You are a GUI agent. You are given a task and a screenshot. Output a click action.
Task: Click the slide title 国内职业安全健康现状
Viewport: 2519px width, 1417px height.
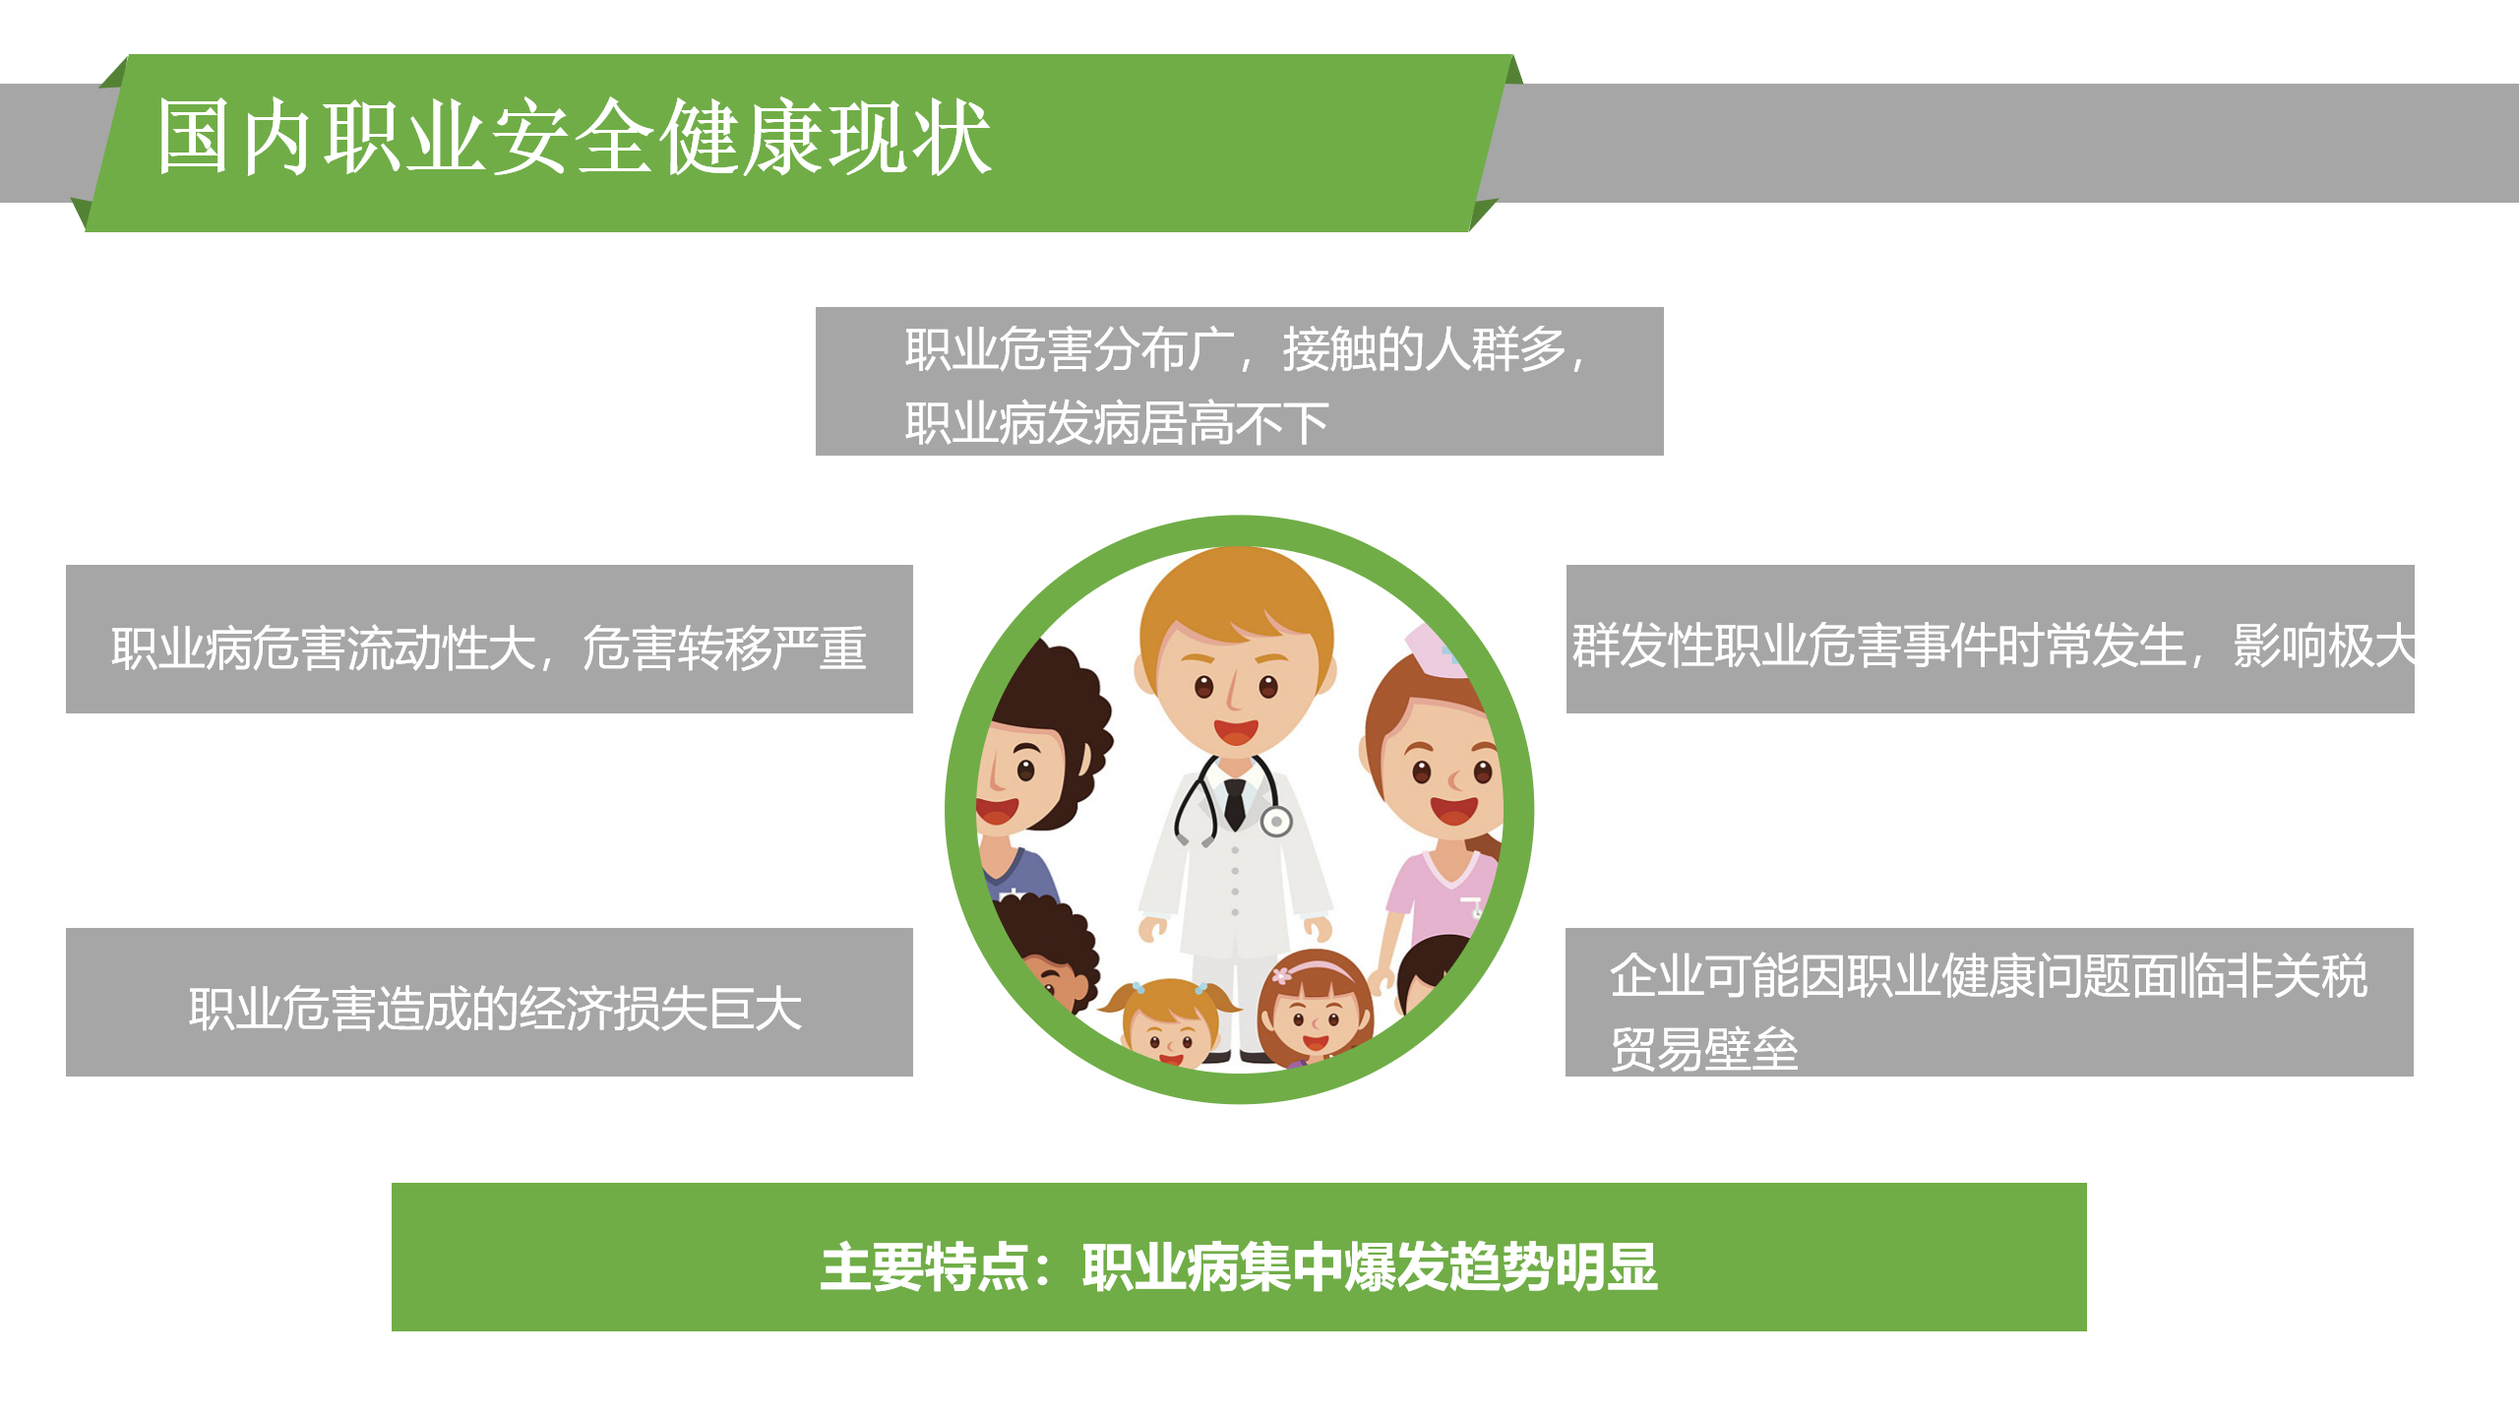click(574, 138)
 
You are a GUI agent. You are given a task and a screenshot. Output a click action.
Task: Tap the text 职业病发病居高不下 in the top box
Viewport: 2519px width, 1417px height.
click(1117, 424)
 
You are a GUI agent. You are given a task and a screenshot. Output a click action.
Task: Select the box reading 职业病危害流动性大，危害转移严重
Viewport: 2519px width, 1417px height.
click(489, 647)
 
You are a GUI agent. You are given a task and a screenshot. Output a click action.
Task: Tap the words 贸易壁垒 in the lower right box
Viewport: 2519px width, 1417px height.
click(1704, 1049)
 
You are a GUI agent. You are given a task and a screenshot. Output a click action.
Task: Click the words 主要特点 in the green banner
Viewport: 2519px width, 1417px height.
click(925, 1267)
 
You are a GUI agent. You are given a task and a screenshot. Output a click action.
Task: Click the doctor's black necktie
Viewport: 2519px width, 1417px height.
click(1235, 802)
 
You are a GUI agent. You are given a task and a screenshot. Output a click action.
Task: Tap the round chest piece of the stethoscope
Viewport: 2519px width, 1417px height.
click(1276, 821)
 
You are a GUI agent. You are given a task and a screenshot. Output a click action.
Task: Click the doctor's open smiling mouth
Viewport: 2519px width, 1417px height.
click(1235, 732)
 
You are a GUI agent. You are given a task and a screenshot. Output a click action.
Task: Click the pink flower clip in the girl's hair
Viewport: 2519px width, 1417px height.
click(1281, 975)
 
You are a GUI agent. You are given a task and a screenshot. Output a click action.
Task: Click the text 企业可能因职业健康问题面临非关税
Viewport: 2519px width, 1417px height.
click(1988, 976)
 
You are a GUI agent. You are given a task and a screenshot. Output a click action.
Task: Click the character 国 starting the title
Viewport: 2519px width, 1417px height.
click(193, 138)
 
